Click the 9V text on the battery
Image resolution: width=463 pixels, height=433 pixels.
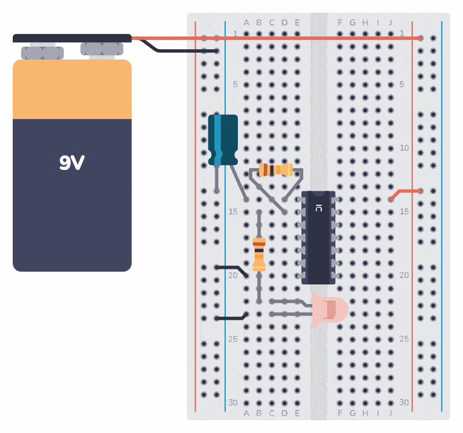(x=72, y=164)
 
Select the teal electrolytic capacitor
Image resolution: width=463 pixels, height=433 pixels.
(x=223, y=139)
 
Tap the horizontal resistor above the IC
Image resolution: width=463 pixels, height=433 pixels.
(x=275, y=170)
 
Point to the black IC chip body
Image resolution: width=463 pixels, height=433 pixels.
(x=318, y=237)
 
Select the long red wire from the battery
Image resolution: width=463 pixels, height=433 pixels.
(x=278, y=38)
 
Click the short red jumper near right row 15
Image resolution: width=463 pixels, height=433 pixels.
(x=405, y=193)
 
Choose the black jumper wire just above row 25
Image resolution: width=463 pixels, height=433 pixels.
(x=231, y=317)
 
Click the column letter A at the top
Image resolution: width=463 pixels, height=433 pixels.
(x=246, y=23)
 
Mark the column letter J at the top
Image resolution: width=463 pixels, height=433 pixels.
(x=391, y=23)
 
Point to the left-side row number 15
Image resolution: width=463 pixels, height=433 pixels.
(x=233, y=212)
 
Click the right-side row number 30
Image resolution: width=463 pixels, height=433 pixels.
(x=404, y=402)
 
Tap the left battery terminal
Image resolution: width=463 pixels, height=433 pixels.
(x=42, y=53)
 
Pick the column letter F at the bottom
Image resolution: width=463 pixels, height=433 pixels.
(x=340, y=413)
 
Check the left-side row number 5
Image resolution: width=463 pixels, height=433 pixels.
(x=235, y=84)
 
